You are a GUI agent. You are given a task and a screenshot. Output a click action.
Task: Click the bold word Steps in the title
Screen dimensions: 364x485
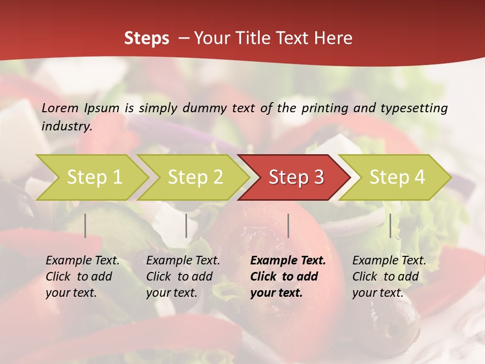[147, 38]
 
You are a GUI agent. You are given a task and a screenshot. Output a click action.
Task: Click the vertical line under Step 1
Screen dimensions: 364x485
[85, 225]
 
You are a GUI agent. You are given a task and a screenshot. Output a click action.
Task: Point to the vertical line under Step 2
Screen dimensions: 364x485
[186, 225]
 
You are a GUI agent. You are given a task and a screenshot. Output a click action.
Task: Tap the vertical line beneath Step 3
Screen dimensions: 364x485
[288, 225]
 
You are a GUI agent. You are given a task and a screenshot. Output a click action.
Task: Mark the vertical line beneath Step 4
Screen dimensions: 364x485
[390, 225]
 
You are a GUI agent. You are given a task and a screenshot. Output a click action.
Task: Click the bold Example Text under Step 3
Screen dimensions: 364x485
[288, 261]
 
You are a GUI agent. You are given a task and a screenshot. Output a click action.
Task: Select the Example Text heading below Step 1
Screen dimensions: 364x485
[82, 261]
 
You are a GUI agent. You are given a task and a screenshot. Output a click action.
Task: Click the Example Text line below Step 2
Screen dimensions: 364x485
[183, 261]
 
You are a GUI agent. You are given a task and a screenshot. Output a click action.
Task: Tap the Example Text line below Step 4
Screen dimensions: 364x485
[389, 261]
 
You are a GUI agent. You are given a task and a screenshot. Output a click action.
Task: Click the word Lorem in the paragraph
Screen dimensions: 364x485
[60, 108]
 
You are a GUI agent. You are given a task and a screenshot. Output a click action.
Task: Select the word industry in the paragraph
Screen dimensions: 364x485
[66, 126]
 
